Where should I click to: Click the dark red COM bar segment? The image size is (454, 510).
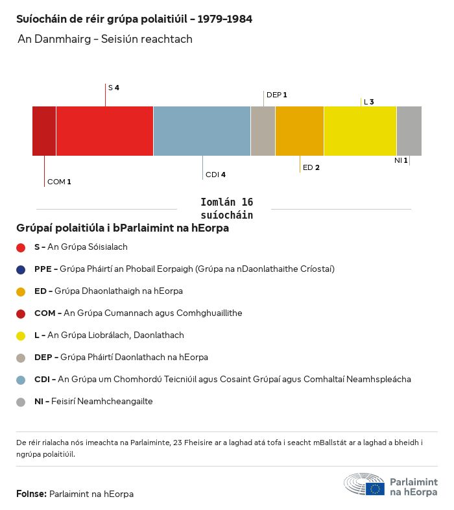coord(44,131)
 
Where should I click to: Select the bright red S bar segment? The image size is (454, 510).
coord(104,131)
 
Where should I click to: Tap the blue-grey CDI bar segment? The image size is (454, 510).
coord(202,131)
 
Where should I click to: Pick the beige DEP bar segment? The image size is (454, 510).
coord(263,131)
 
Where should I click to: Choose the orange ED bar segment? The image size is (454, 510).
coord(300,131)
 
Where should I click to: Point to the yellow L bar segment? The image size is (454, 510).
coord(360,131)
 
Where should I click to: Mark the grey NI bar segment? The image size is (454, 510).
coord(409,131)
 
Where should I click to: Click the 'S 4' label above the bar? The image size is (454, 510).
coord(113,87)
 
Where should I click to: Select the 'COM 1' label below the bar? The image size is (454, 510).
coord(59,182)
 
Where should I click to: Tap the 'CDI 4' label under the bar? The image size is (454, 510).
coord(215,175)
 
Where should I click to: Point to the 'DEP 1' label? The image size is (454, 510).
coord(276,95)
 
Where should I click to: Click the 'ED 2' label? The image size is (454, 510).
coord(311,167)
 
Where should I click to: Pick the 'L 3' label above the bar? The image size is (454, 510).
coord(368,102)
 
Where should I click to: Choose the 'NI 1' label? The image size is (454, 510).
coord(401,160)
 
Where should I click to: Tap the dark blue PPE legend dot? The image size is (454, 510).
coord(21,269)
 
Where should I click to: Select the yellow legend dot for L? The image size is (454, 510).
coord(21,335)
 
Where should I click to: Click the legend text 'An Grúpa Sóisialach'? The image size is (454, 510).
coord(88,247)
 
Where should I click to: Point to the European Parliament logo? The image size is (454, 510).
coord(390,486)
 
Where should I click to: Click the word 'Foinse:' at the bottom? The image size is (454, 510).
coord(31,494)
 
